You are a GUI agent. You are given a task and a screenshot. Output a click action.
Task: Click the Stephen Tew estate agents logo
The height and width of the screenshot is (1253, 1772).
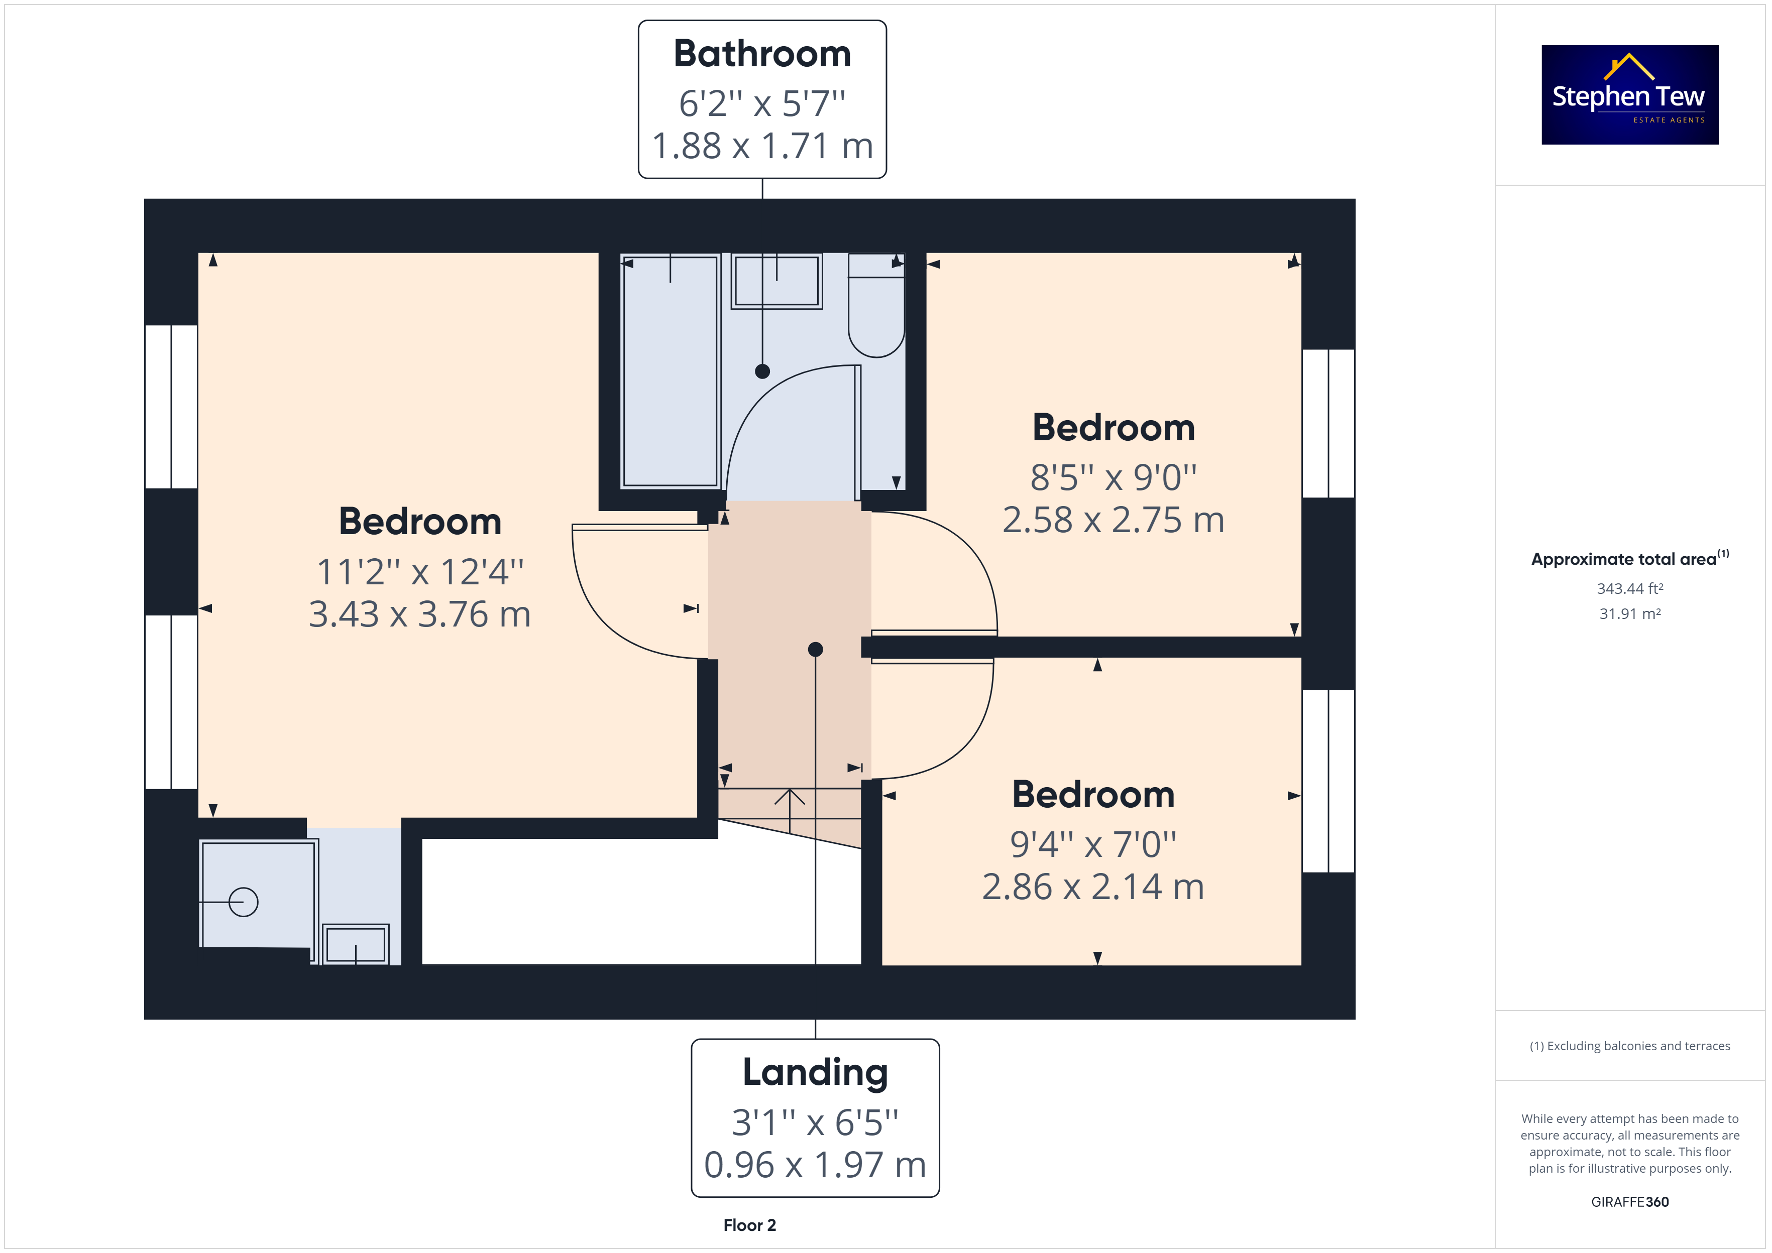point(1629,94)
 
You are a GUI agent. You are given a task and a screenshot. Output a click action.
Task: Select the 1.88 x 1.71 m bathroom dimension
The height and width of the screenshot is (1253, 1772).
point(762,146)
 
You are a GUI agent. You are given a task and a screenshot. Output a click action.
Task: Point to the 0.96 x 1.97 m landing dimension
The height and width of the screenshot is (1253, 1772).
point(815,1165)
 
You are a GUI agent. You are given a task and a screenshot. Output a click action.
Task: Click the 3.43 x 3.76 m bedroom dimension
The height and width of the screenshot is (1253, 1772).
point(420,614)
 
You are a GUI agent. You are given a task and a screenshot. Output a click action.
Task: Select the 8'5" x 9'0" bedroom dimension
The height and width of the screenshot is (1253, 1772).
point(1114,477)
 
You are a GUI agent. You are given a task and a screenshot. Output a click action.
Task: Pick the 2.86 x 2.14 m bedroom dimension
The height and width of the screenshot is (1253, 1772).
point(1093,887)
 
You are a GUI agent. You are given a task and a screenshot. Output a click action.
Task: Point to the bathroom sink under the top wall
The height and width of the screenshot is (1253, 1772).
point(777,281)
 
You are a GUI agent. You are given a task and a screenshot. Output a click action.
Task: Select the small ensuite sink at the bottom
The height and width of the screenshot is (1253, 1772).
point(356,944)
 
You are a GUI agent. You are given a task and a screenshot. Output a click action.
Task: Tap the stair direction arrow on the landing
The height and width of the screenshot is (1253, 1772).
point(790,810)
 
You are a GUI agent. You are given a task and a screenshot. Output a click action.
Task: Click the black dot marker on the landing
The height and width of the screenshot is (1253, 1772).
point(815,650)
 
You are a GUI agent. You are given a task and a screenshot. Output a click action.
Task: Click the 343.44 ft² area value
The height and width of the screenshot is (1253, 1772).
point(1629,589)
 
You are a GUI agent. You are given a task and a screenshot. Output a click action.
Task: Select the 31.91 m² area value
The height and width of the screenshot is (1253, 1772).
point(1629,614)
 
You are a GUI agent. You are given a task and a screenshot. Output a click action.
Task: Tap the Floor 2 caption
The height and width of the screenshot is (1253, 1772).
point(749,1225)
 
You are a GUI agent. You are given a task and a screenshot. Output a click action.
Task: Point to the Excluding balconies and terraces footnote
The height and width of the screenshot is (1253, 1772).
point(1629,1046)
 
